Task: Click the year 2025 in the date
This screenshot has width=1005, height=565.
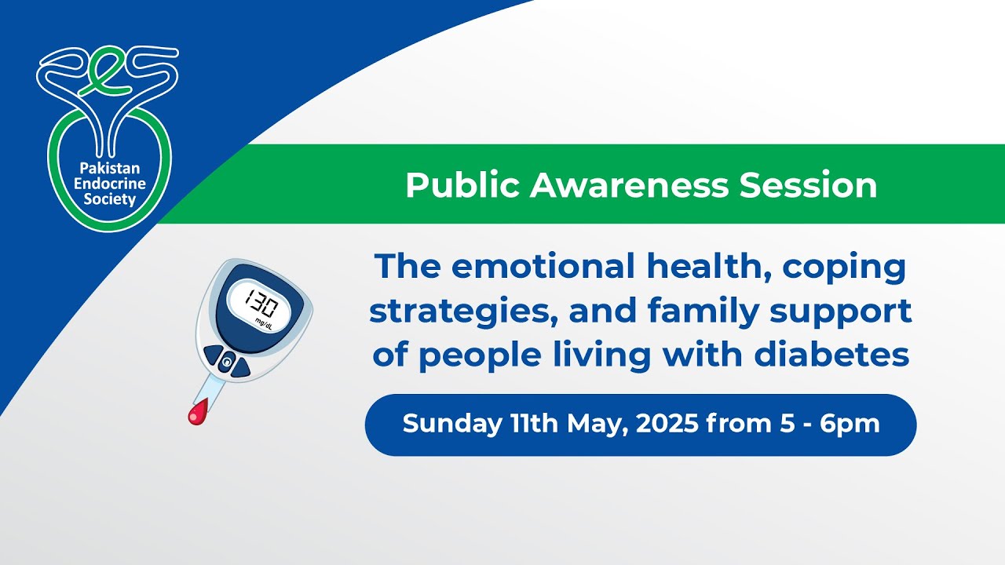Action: tap(667, 425)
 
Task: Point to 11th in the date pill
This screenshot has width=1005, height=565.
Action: tap(536, 425)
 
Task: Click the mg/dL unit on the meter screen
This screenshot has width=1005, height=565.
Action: tap(264, 323)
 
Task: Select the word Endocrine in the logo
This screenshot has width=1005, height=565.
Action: tap(109, 183)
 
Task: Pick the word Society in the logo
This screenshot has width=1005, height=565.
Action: tap(109, 199)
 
